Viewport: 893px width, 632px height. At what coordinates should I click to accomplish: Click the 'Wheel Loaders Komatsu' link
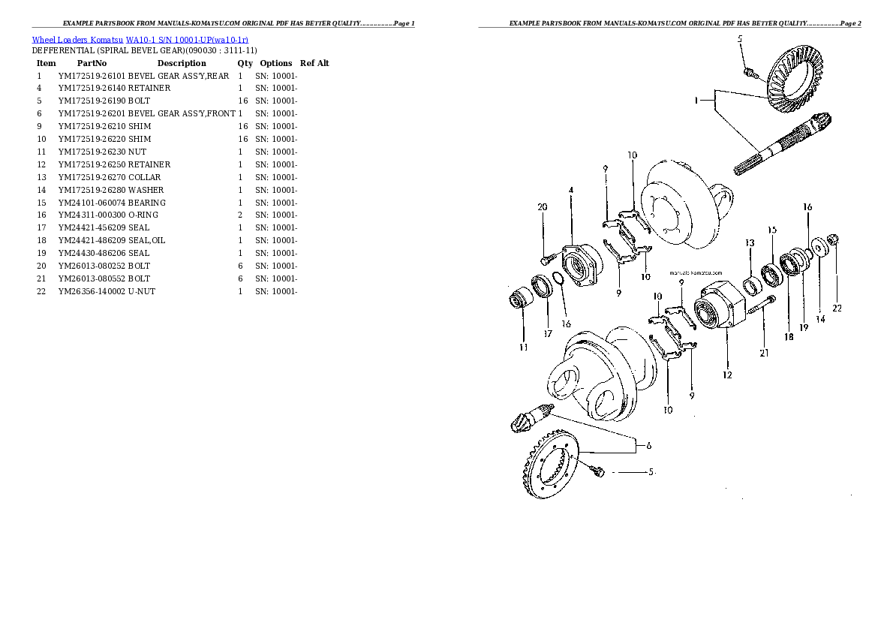pyautogui.click(x=77, y=39)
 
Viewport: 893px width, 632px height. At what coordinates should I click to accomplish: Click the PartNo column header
pyautogui.click(x=92, y=63)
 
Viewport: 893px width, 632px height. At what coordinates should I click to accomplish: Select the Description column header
pyautogui.click(x=182, y=63)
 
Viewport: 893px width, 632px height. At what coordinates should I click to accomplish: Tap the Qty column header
pyautogui.click(x=245, y=63)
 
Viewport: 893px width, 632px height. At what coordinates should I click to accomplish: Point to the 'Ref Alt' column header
pyautogui.click(x=314, y=63)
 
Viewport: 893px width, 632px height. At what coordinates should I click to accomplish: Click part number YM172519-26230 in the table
pyautogui.click(x=92, y=152)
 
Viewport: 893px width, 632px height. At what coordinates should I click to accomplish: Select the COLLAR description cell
pyautogui.click(x=144, y=177)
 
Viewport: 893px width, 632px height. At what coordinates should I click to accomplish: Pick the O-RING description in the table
pyautogui.click(x=143, y=215)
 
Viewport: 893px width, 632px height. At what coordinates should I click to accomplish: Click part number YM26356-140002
pyautogui.click(x=92, y=291)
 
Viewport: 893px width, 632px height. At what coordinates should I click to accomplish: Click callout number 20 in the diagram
pyautogui.click(x=543, y=208)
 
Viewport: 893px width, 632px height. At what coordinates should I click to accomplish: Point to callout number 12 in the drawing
pyautogui.click(x=727, y=375)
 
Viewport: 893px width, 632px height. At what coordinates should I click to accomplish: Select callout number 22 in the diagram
pyautogui.click(x=837, y=308)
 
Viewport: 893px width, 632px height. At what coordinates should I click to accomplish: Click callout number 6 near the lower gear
pyautogui.click(x=648, y=445)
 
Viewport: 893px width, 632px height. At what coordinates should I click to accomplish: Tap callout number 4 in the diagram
pyautogui.click(x=571, y=191)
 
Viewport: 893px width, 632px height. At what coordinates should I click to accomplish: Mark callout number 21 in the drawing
pyautogui.click(x=764, y=352)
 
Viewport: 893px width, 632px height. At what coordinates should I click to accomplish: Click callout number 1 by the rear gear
pyautogui.click(x=696, y=100)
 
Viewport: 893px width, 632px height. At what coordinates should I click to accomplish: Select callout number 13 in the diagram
pyautogui.click(x=750, y=242)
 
